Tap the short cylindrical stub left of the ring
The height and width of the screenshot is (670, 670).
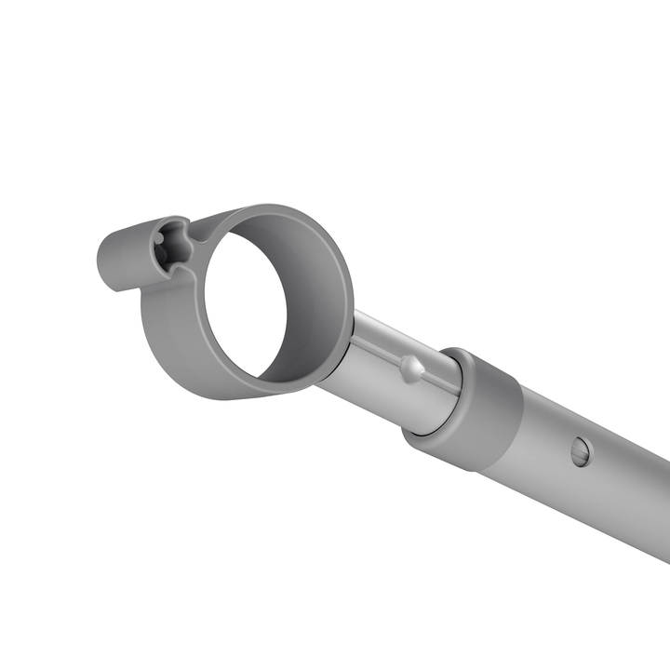121,255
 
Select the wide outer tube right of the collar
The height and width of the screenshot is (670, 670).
596,475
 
